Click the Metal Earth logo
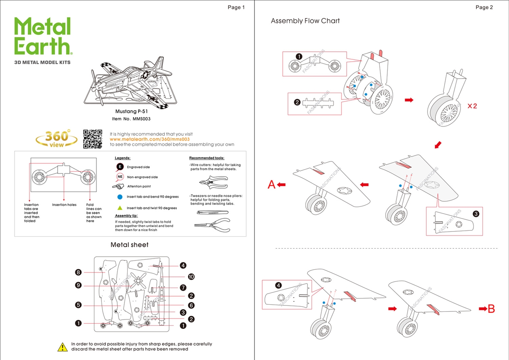43,37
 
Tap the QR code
93,139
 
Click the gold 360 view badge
56,139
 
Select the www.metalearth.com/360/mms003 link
150,139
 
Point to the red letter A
272,185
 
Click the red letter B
491,309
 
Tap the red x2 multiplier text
472,106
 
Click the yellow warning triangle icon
62,347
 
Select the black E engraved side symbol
120,167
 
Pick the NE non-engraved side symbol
120,177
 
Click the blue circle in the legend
120,197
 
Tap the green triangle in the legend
120,208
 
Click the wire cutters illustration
213,182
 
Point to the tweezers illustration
212,212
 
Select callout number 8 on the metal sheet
78,272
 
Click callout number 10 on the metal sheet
191,276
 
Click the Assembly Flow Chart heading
305,21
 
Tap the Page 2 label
484,7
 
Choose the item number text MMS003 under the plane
131,119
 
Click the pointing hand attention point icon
118,186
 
